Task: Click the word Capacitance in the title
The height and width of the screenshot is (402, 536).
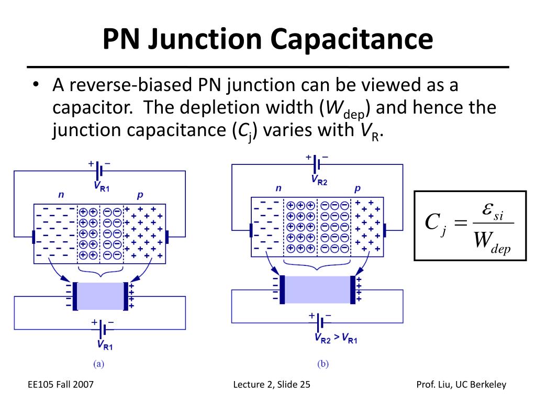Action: point(351,40)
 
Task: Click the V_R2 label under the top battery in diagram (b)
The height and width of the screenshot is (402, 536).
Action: point(319,180)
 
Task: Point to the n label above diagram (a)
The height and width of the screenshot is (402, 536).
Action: point(61,195)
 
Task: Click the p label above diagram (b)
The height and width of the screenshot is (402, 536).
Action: point(358,188)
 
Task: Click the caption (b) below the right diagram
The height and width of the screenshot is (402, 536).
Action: point(322,364)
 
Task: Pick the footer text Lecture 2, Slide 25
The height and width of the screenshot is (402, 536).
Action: point(272,385)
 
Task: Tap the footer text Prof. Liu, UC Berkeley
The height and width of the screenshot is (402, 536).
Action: point(461,385)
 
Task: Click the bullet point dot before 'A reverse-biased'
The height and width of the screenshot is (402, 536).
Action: point(36,85)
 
